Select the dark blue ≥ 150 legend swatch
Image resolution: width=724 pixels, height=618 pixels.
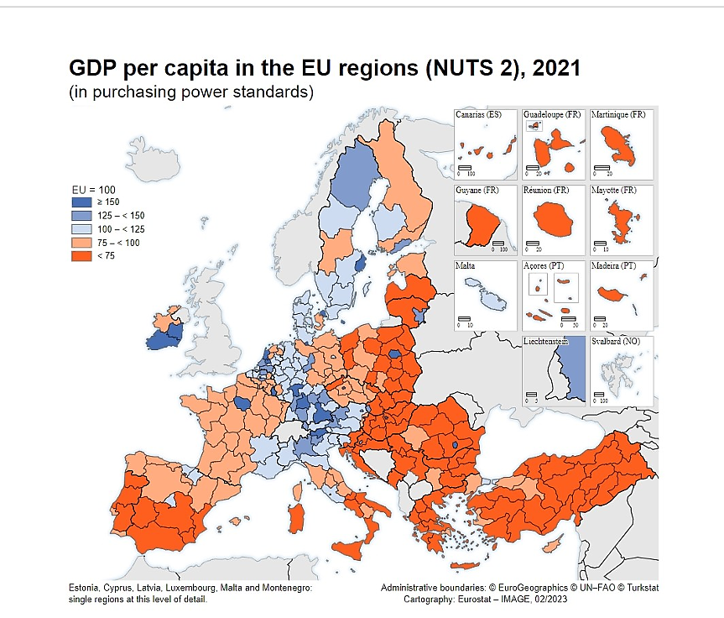[x=81, y=202]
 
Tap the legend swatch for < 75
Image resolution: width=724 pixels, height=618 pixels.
[x=81, y=255]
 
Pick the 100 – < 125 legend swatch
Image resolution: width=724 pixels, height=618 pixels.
[x=81, y=229]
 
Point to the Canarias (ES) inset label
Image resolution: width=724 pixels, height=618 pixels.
[x=478, y=114]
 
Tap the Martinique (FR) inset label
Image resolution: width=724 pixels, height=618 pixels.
[x=618, y=114]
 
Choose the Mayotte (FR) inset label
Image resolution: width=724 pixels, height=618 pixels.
[x=614, y=191]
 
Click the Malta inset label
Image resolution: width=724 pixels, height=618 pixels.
[x=466, y=265]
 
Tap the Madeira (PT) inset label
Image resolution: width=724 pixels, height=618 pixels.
[x=615, y=265]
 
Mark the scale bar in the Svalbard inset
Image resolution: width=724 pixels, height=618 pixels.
[x=602, y=394]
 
